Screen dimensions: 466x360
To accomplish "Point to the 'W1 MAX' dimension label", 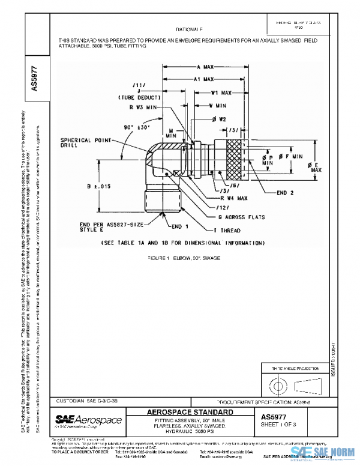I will [220, 93].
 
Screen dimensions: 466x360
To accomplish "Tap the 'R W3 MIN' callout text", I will [155, 106].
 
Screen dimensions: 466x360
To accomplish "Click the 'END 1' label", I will [180, 227].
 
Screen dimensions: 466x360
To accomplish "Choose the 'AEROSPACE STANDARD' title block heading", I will [190, 412].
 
